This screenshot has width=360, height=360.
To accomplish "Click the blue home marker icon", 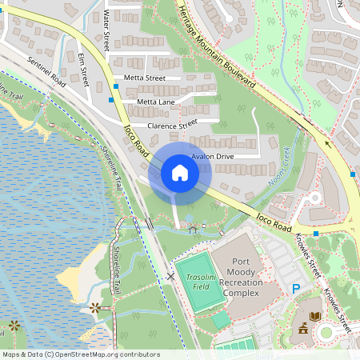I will click(x=180, y=173).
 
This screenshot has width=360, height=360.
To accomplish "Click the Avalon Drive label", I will click(x=212, y=157).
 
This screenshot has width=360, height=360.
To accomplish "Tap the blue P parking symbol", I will click(x=296, y=289).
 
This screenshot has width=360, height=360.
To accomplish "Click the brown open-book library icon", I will click(x=315, y=317).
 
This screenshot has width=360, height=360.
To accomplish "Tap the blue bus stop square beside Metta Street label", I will click(x=116, y=84).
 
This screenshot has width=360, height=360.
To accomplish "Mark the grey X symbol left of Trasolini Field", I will click(x=170, y=276).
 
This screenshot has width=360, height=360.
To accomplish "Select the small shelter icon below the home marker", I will click(x=192, y=230).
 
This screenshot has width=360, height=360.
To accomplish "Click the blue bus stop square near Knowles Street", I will click(x=317, y=234).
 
